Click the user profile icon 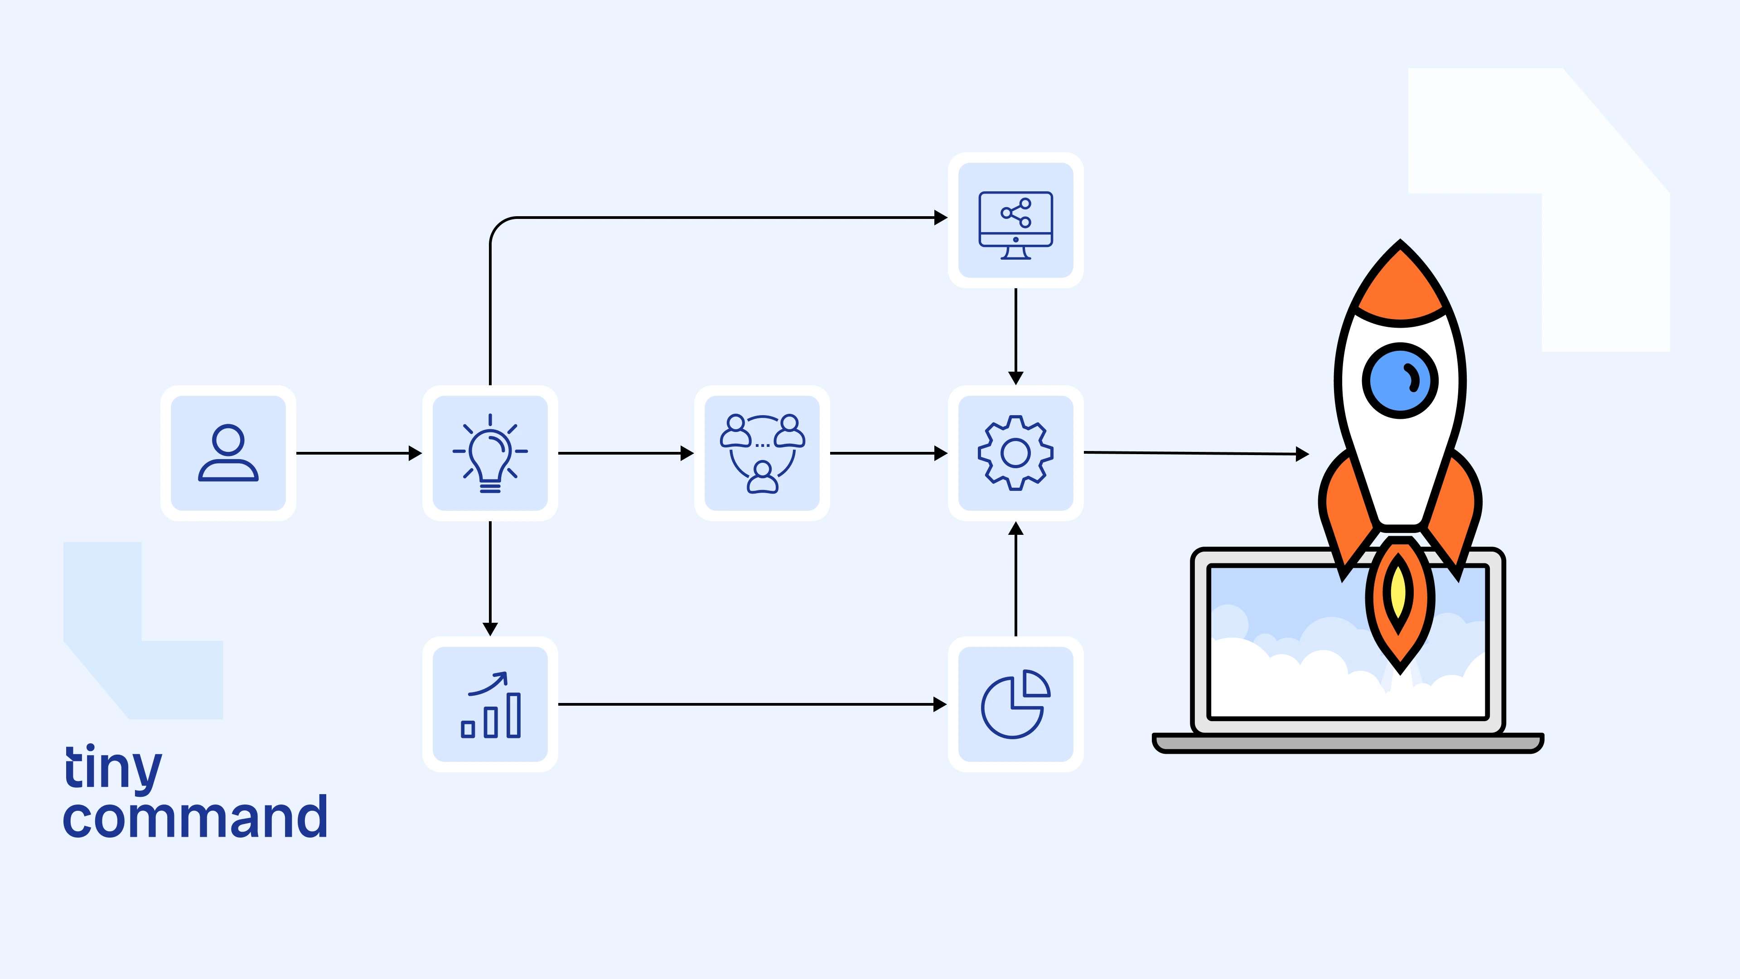pos(228,453)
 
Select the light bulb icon pos(490,453)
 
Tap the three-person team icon pos(762,453)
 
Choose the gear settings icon pos(1015,453)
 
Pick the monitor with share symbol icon pos(1015,220)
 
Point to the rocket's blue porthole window pos(1400,380)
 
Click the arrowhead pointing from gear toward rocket pos(1302,454)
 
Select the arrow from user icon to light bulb pos(358,453)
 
